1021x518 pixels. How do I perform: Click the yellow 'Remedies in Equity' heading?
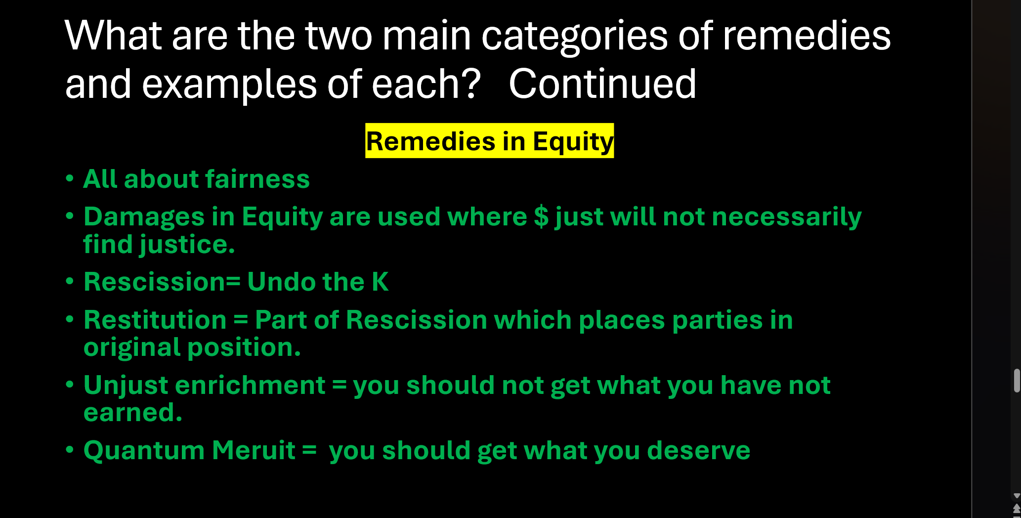coord(489,141)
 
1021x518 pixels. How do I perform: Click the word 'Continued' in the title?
coord(602,84)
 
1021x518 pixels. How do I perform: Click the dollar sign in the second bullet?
coord(541,216)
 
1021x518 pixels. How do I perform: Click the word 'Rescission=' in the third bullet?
coord(162,282)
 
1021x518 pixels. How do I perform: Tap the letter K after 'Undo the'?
coord(380,282)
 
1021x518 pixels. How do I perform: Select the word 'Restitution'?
coord(155,320)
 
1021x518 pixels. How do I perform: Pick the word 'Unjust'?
coord(126,385)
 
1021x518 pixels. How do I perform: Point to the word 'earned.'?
coord(133,412)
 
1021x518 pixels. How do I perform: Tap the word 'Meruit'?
coord(254,450)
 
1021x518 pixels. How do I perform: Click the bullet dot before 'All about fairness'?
coord(70,178)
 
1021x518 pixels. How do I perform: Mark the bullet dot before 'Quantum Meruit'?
coord(70,450)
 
